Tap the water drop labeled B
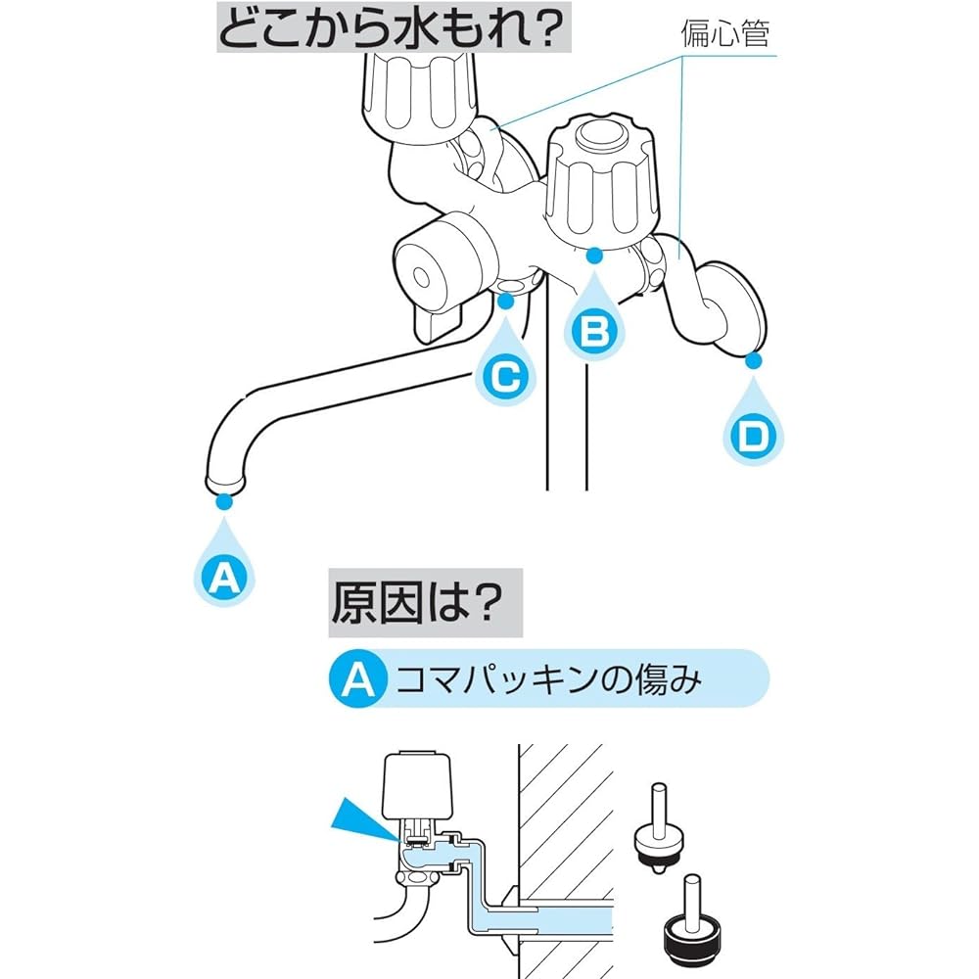click(x=593, y=328)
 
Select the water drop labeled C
click(x=506, y=373)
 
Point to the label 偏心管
click(x=725, y=36)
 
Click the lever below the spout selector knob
click(x=437, y=319)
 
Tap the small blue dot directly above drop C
click(x=506, y=301)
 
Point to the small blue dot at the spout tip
click(x=225, y=501)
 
